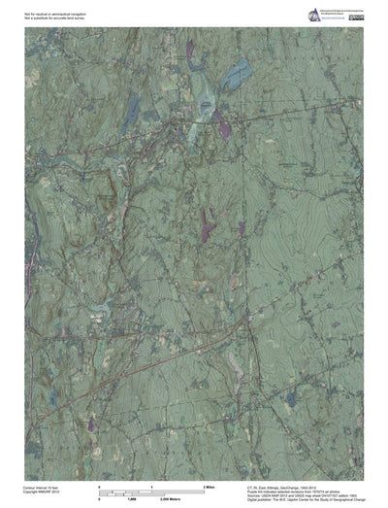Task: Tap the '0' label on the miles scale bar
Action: pos(100,485)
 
